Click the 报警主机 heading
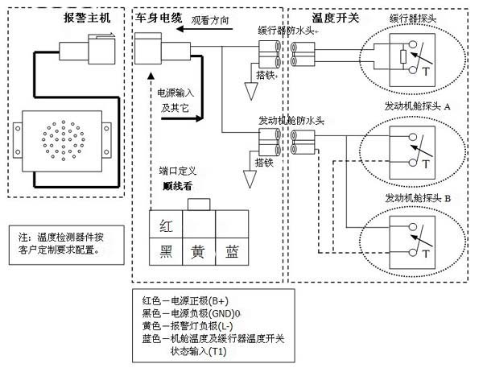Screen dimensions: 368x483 (x=86, y=18)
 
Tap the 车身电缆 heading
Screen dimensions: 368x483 (x=159, y=18)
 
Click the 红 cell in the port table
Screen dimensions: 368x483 (x=165, y=226)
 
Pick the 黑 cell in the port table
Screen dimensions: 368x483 (x=165, y=250)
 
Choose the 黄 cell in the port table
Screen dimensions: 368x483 (x=198, y=250)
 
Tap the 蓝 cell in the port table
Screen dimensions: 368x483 (x=232, y=250)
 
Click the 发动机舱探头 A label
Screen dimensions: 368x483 (x=418, y=106)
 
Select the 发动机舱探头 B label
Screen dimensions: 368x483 (x=418, y=197)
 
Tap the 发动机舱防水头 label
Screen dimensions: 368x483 (x=291, y=121)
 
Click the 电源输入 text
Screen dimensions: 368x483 (x=175, y=92)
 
